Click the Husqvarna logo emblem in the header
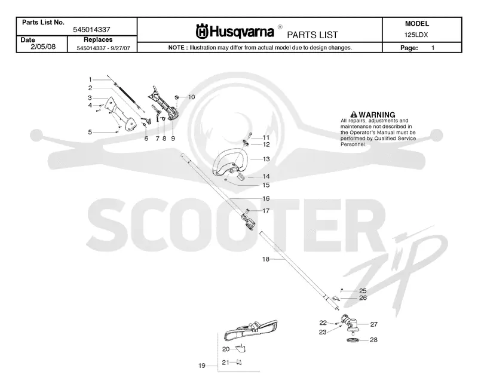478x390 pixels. coord(202,32)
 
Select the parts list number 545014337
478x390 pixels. coord(91,29)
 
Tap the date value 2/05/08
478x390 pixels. coord(43,47)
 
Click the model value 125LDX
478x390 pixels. coord(416,35)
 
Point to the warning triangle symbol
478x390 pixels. coord(354,115)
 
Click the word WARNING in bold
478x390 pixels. coord(377,115)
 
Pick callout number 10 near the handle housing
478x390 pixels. coord(191,97)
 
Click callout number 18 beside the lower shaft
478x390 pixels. coord(266,259)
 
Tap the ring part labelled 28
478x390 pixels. coord(353,340)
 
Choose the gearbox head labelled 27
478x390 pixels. coord(351,323)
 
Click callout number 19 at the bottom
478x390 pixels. coord(202,366)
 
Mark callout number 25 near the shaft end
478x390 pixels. coord(363,291)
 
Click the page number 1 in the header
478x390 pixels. coord(433,48)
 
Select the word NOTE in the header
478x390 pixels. coord(176,48)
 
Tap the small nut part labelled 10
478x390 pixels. coord(176,97)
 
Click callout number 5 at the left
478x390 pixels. coord(90,132)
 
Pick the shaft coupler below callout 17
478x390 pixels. coord(249,221)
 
